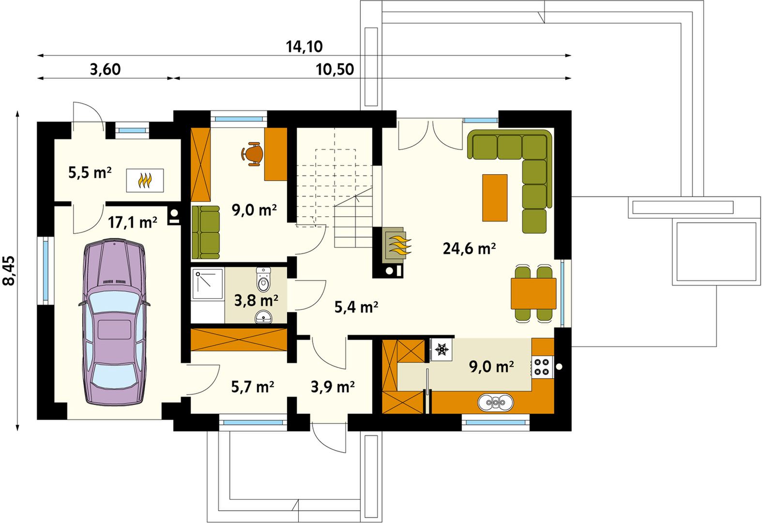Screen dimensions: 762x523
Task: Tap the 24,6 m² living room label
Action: point(469,248)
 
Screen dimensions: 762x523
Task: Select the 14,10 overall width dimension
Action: point(304,46)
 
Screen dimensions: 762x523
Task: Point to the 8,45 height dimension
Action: point(9,270)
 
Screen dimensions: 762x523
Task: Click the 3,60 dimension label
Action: point(105,69)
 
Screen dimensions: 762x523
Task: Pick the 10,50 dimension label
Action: point(335,69)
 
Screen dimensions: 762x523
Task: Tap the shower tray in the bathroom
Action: point(208,284)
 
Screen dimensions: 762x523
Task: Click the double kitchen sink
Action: point(496,403)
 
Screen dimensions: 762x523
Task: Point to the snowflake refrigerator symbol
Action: point(442,349)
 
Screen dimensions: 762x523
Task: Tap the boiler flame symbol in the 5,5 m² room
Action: point(145,181)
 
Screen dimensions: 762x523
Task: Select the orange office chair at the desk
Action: point(252,154)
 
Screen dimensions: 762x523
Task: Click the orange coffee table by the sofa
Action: point(495,198)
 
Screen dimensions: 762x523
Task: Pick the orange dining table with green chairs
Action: point(533,293)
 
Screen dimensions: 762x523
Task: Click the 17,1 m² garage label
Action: point(133,222)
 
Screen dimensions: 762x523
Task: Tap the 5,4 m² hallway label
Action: point(356,307)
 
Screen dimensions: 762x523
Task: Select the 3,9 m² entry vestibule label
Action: point(333,387)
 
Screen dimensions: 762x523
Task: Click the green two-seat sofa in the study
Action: point(205,232)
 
